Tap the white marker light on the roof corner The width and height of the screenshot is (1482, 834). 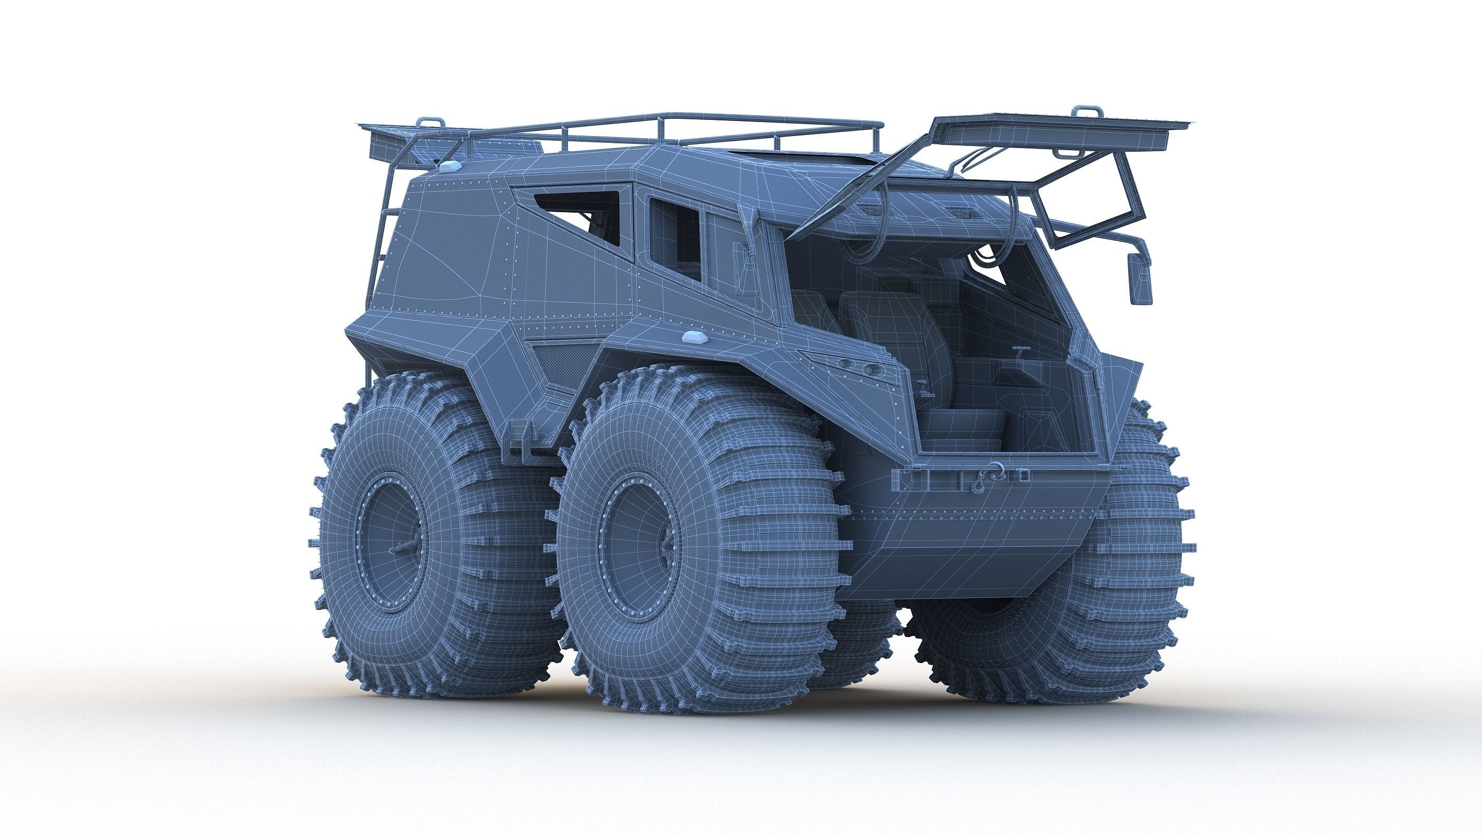tap(453, 166)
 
